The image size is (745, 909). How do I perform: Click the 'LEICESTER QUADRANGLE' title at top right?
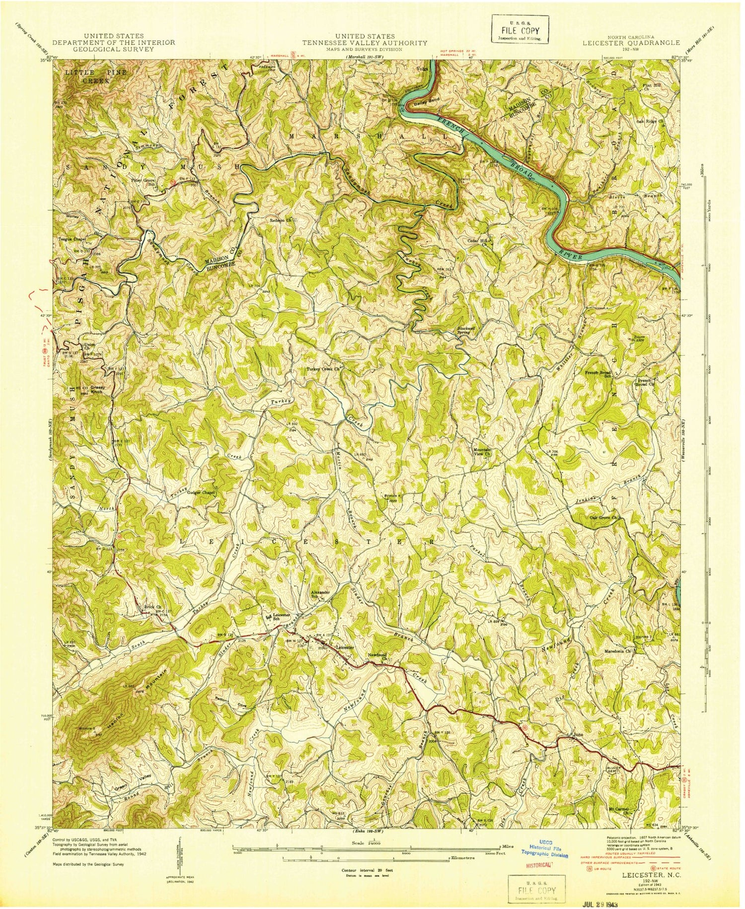(x=631, y=43)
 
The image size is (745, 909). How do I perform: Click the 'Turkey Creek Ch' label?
(x=325, y=369)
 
